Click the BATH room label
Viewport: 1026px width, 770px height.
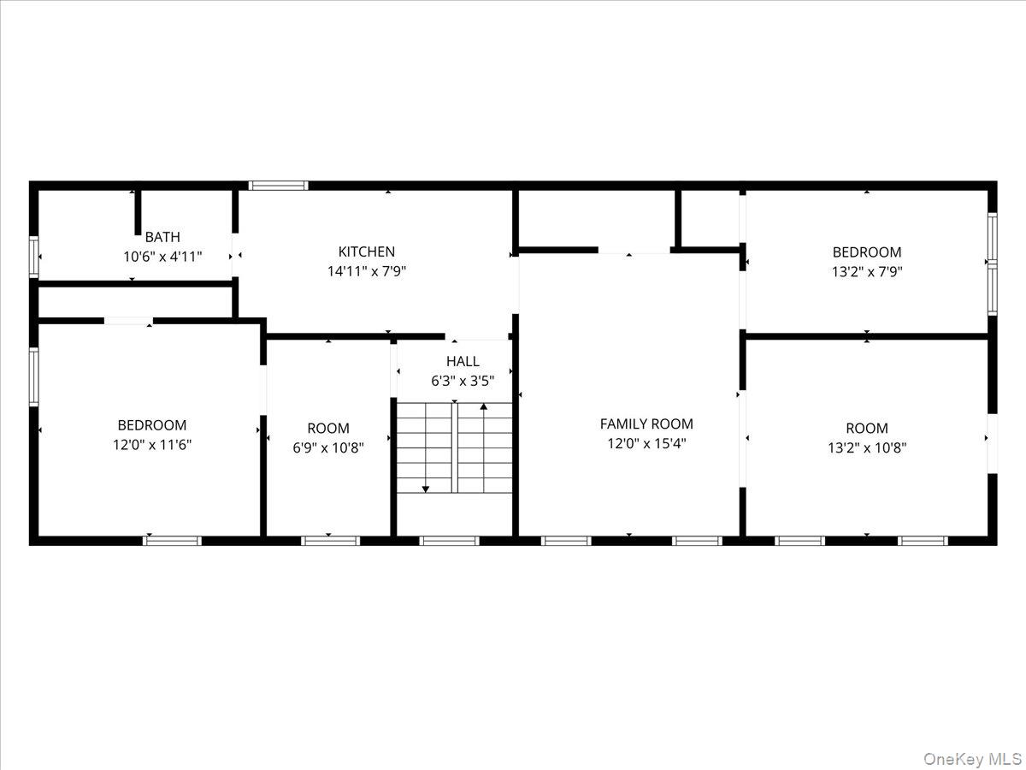click(162, 237)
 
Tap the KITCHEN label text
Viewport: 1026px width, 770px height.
click(367, 252)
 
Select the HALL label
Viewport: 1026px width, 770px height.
click(463, 361)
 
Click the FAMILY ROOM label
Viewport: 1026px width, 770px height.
click(646, 423)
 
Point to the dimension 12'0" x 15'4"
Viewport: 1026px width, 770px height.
click(646, 443)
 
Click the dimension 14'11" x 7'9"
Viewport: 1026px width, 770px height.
click(367, 271)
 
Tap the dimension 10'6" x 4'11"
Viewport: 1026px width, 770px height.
click(162, 256)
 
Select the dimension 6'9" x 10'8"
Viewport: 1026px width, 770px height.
click(328, 447)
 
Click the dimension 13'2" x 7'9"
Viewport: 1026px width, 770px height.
click(867, 272)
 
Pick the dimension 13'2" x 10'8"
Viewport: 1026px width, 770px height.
click(867, 447)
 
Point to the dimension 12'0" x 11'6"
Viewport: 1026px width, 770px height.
click(151, 444)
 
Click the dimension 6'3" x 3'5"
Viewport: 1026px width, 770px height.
click(463, 381)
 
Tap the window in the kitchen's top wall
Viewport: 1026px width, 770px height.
click(278, 185)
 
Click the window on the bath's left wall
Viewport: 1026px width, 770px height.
click(34, 257)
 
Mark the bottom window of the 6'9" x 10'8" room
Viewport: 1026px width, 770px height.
click(331, 540)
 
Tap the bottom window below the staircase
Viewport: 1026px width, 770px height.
click(449, 540)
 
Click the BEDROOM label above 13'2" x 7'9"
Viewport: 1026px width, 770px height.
click(867, 252)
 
